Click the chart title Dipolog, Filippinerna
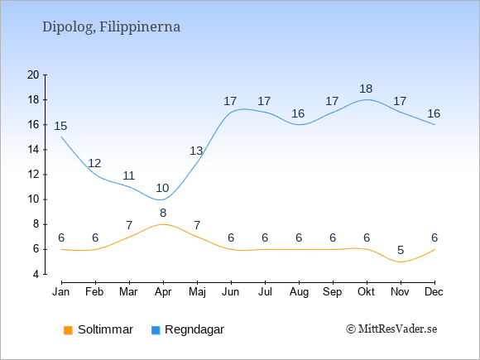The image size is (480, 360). (111, 27)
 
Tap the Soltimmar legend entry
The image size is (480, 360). (98, 329)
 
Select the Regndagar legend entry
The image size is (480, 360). (188, 329)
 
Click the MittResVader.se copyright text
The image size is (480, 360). (391, 329)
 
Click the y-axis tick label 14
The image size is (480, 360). (33, 150)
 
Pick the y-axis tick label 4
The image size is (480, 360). (36, 274)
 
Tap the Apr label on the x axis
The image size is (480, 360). (163, 292)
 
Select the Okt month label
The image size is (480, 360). (367, 292)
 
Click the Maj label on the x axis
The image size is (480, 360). (197, 292)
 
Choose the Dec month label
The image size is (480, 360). (434, 292)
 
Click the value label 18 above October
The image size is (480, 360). (366, 89)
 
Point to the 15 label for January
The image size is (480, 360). (60, 126)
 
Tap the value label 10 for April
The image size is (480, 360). (162, 188)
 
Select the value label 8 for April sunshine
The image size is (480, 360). (163, 213)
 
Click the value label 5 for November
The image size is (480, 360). (401, 250)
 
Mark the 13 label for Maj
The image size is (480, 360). (196, 151)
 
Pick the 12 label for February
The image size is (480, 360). (94, 163)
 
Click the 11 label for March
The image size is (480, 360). (128, 175)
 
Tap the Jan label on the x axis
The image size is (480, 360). (61, 292)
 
